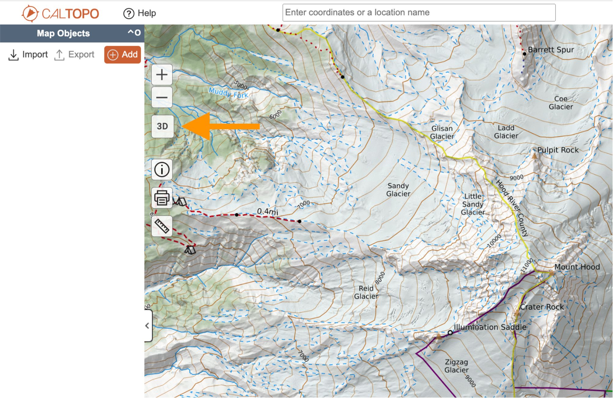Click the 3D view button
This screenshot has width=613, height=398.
click(x=162, y=126)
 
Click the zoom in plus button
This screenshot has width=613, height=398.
click(x=162, y=75)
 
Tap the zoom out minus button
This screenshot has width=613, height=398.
click(x=162, y=97)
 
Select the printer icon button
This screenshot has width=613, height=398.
click(x=162, y=198)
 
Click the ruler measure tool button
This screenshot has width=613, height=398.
click(x=162, y=226)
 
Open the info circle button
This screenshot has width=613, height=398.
click(x=162, y=169)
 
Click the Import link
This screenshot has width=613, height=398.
click(x=28, y=54)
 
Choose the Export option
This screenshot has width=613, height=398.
click(x=74, y=54)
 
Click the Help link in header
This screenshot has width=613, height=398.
click(x=140, y=13)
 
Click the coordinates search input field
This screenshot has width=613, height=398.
click(x=419, y=13)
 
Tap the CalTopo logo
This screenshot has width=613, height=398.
click(x=61, y=13)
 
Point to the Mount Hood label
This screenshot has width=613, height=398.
click(x=577, y=267)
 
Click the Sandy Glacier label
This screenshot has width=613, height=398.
click(x=398, y=190)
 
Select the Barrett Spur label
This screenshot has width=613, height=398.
click(x=551, y=50)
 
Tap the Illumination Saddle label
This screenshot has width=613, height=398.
click(x=490, y=327)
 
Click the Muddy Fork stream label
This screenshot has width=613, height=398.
click(x=228, y=92)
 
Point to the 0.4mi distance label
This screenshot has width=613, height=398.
click(x=267, y=211)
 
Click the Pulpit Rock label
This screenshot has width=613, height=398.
click(x=558, y=150)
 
